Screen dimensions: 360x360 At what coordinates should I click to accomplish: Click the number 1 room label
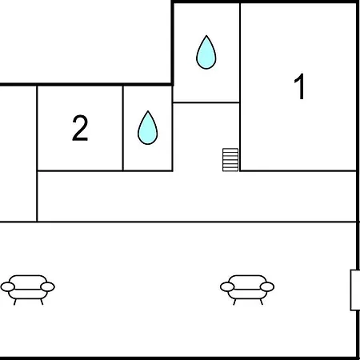click(x=300, y=86)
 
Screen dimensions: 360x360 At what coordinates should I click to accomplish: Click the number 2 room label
click(x=80, y=128)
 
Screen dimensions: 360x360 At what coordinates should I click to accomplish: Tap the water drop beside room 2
click(x=147, y=128)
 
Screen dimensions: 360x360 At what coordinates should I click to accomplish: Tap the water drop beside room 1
click(x=206, y=52)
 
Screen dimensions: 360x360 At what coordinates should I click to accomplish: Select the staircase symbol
click(x=230, y=160)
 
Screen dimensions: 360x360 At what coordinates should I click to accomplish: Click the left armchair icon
click(x=28, y=290)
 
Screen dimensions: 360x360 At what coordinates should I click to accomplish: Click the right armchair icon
click(x=247, y=290)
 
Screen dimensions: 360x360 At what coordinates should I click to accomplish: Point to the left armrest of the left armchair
click(x=7, y=287)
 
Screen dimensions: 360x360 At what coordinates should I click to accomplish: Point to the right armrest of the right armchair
click(x=267, y=287)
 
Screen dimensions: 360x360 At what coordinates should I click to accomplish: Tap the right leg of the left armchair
click(x=42, y=302)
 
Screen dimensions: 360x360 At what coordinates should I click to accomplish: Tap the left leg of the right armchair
click(x=234, y=302)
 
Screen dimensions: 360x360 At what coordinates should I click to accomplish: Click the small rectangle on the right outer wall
click(x=355, y=290)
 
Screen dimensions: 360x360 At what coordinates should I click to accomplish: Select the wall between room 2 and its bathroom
click(x=123, y=128)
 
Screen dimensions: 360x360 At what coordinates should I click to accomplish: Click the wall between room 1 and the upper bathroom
click(x=240, y=53)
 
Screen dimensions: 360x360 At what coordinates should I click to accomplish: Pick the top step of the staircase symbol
click(x=230, y=150)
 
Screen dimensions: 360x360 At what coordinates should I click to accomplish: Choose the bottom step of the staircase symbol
click(x=230, y=170)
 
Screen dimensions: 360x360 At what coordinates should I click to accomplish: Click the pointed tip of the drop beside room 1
click(x=206, y=35)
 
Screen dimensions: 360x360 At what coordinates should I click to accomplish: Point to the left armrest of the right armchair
click(x=227, y=287)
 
